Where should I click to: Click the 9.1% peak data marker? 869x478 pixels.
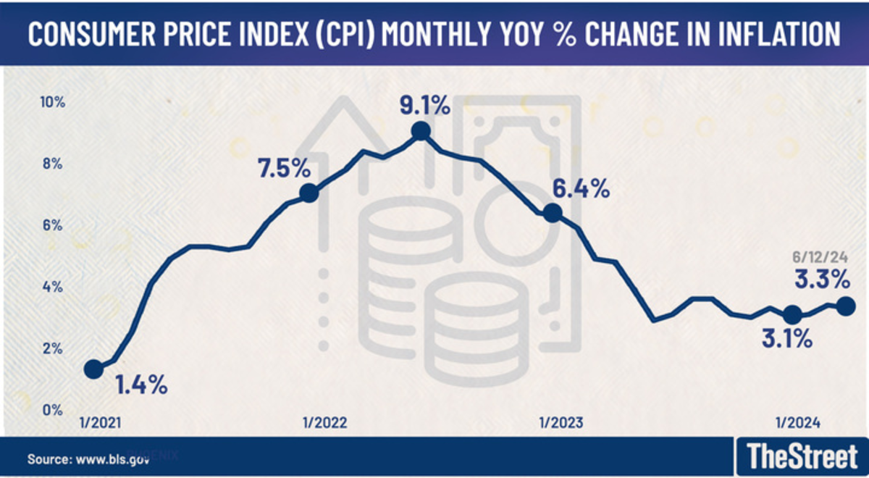click(420, 131)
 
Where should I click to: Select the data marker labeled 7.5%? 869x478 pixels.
click(308, 193)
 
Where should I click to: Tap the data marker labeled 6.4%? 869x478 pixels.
click(553, 213)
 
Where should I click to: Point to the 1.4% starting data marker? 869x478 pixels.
click(93, 369)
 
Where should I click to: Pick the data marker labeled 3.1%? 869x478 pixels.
click(792, 314)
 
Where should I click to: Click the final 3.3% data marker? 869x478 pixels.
click(844, 306)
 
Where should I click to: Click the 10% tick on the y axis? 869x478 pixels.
click(53, 102)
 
